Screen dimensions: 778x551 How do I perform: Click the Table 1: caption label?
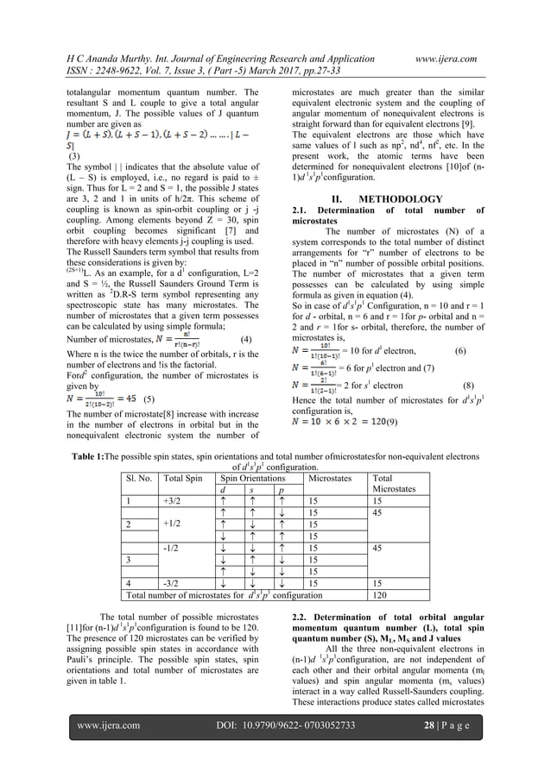tap(92, 452)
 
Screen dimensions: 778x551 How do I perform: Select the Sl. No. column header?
tap(139, 476)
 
